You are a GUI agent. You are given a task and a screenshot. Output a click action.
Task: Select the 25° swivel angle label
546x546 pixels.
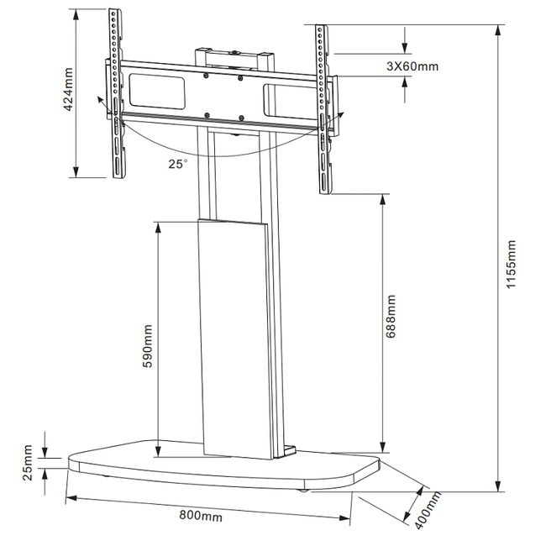(176, 165)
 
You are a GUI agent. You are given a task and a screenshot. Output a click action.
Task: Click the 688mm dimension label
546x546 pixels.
(392, 315)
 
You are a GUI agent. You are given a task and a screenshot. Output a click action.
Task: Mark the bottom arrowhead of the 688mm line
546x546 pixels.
(383, 447)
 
